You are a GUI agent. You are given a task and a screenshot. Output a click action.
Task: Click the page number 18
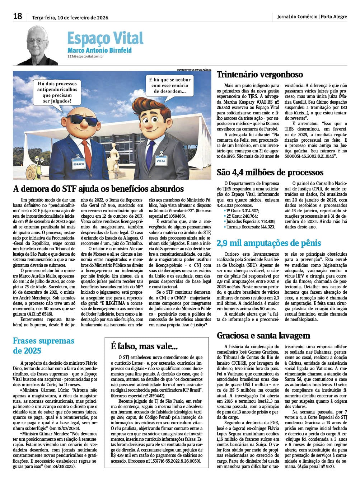[18, 16]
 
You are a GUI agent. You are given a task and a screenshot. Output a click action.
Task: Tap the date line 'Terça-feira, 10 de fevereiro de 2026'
[70, 17]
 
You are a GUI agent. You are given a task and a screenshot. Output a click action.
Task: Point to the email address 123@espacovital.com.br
[86, 56]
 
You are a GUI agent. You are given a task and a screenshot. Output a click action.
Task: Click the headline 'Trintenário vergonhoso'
[260, 75]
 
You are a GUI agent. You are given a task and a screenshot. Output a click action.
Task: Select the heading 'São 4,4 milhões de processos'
[267, 172]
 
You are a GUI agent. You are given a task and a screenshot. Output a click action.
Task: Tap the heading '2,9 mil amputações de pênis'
[269, 243]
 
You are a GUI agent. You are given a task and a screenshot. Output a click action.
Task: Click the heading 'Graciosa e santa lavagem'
[263, 335]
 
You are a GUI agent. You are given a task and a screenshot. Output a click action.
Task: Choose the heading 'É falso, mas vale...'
[144, 346]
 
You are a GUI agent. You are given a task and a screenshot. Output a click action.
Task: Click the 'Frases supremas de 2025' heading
[44, 345]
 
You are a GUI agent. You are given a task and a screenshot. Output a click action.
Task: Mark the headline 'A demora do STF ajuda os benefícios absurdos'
[98, 189]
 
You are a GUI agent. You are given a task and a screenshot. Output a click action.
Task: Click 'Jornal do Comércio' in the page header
[297, 16]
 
